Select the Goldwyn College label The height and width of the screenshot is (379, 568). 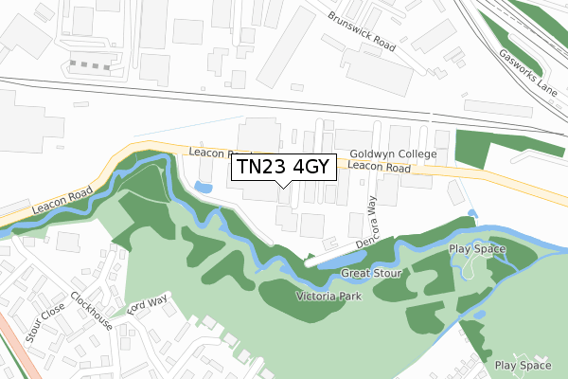pyautogui.click(x=392, y=153)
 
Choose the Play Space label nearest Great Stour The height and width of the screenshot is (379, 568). pyautogui.click(x=477, y=249)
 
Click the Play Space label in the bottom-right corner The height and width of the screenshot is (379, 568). pyautogui.click(x=523, y=365)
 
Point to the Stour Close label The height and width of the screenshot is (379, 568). pyautogui.click(x=44, y=321)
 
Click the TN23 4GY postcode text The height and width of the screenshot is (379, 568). pyautogui.click(x=282, y=168)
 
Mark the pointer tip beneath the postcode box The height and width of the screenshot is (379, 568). pyautogui.click(x=283, y=188)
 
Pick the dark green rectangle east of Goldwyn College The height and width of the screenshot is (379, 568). pyautogui.click(x=470, y=150)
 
